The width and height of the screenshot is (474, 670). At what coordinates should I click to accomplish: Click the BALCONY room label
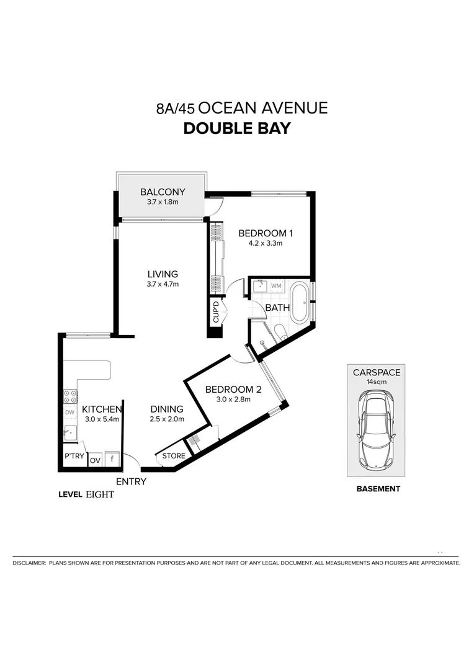pyautogui.click(x=163, y=192)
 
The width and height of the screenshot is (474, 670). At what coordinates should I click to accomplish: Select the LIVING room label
pyautogui.click(x=163, y=274)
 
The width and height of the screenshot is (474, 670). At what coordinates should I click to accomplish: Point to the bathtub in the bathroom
pyautogui.click(x=298, y=302)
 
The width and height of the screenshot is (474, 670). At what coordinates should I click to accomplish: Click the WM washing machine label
pyautogui.click(x=276, y=286)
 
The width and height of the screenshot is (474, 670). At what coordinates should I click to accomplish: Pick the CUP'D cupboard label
pyautogui.click(x=215, y=312)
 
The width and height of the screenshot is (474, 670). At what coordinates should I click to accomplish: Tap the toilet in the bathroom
pyautogui.click(x=280, y=331)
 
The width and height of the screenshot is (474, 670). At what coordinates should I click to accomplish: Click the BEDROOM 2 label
pyautogui.click(x=233, y=390)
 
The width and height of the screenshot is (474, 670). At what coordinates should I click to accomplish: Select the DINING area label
pyautogui.click(x=167, y=409)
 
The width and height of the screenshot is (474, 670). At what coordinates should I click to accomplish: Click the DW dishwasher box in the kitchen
pyautogui.click(x=69, y=413)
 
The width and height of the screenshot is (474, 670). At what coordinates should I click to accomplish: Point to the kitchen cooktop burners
pyautogui.click(x=69, y=396)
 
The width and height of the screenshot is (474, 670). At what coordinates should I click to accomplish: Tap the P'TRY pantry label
pyautogui.click(x=74, y=457)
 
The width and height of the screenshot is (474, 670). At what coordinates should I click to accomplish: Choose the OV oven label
pyautogui.click(x=95, y=460)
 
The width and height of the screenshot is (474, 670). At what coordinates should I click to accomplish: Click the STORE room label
pyautogui.click(x=174, y=456)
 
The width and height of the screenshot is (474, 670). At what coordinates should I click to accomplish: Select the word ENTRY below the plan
pyautogui.click(x=131, y=481)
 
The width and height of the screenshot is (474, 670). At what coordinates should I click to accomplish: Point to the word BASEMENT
pyautogui.click(x=378, y=489)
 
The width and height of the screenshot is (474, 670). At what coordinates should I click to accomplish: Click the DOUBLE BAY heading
pyautogui.click(x=236, y=129)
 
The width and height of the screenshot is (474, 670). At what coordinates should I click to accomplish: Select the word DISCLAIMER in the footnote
pyautogui.click(x=29, y=563)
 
